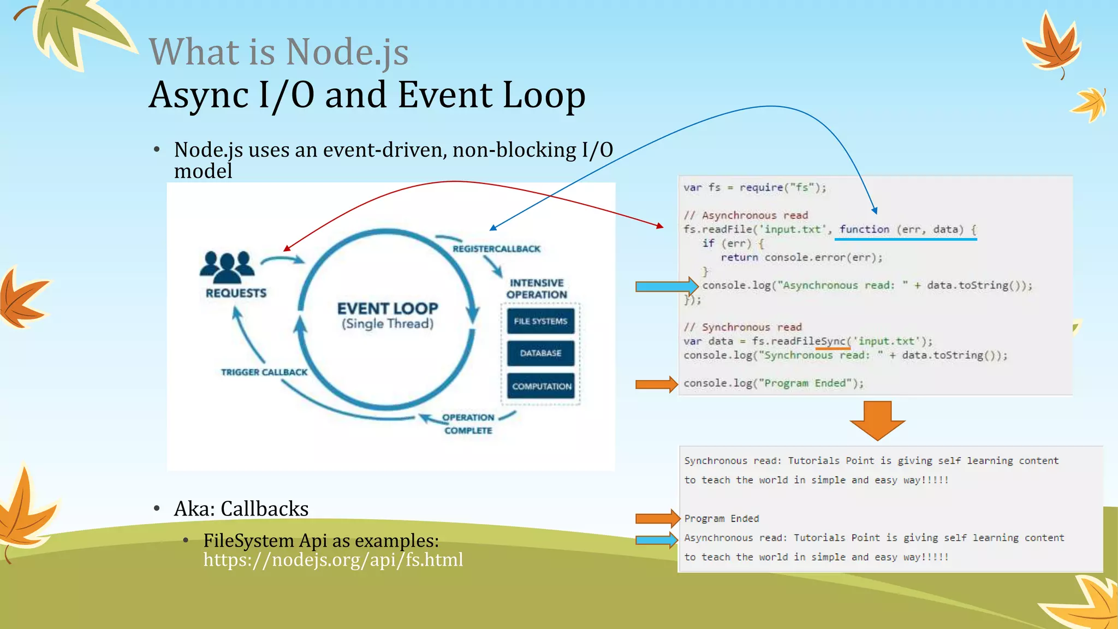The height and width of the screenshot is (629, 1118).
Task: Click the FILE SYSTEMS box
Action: (x=540, y=321)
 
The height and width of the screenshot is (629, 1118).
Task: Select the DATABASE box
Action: (x=540, y=353)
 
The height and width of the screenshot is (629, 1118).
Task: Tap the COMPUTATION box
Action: (x=541, y=386)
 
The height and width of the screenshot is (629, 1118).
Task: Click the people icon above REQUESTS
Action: (x=227, y=265)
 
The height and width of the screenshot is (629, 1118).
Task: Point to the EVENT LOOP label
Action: (x=388, y=309)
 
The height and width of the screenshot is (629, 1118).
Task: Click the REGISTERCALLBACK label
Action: (x=496, y=249)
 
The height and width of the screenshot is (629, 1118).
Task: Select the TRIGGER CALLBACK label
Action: (x=264, y=372)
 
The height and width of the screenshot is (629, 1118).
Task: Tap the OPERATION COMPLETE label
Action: (x=468, y=424)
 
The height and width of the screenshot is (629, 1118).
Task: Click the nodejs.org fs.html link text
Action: (x=333, y=560)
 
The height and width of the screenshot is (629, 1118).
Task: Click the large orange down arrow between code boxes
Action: (x=877, y=420)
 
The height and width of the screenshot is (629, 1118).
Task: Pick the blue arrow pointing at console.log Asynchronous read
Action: (x=667, y=286)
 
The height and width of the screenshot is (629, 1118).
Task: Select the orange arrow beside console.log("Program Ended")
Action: (x=656, y=384)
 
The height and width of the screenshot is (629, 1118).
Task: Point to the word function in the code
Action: (x=864, y=229)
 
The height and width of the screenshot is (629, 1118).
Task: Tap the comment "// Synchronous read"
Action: (x=743, y=327)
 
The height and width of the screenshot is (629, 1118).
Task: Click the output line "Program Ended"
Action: (x=722, y=518)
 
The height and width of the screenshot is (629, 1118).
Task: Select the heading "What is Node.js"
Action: (x=278, y=52)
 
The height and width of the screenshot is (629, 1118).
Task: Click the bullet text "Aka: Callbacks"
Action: (x=241, y=509)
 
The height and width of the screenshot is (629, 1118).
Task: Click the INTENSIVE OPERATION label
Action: (x=537, y=289)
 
